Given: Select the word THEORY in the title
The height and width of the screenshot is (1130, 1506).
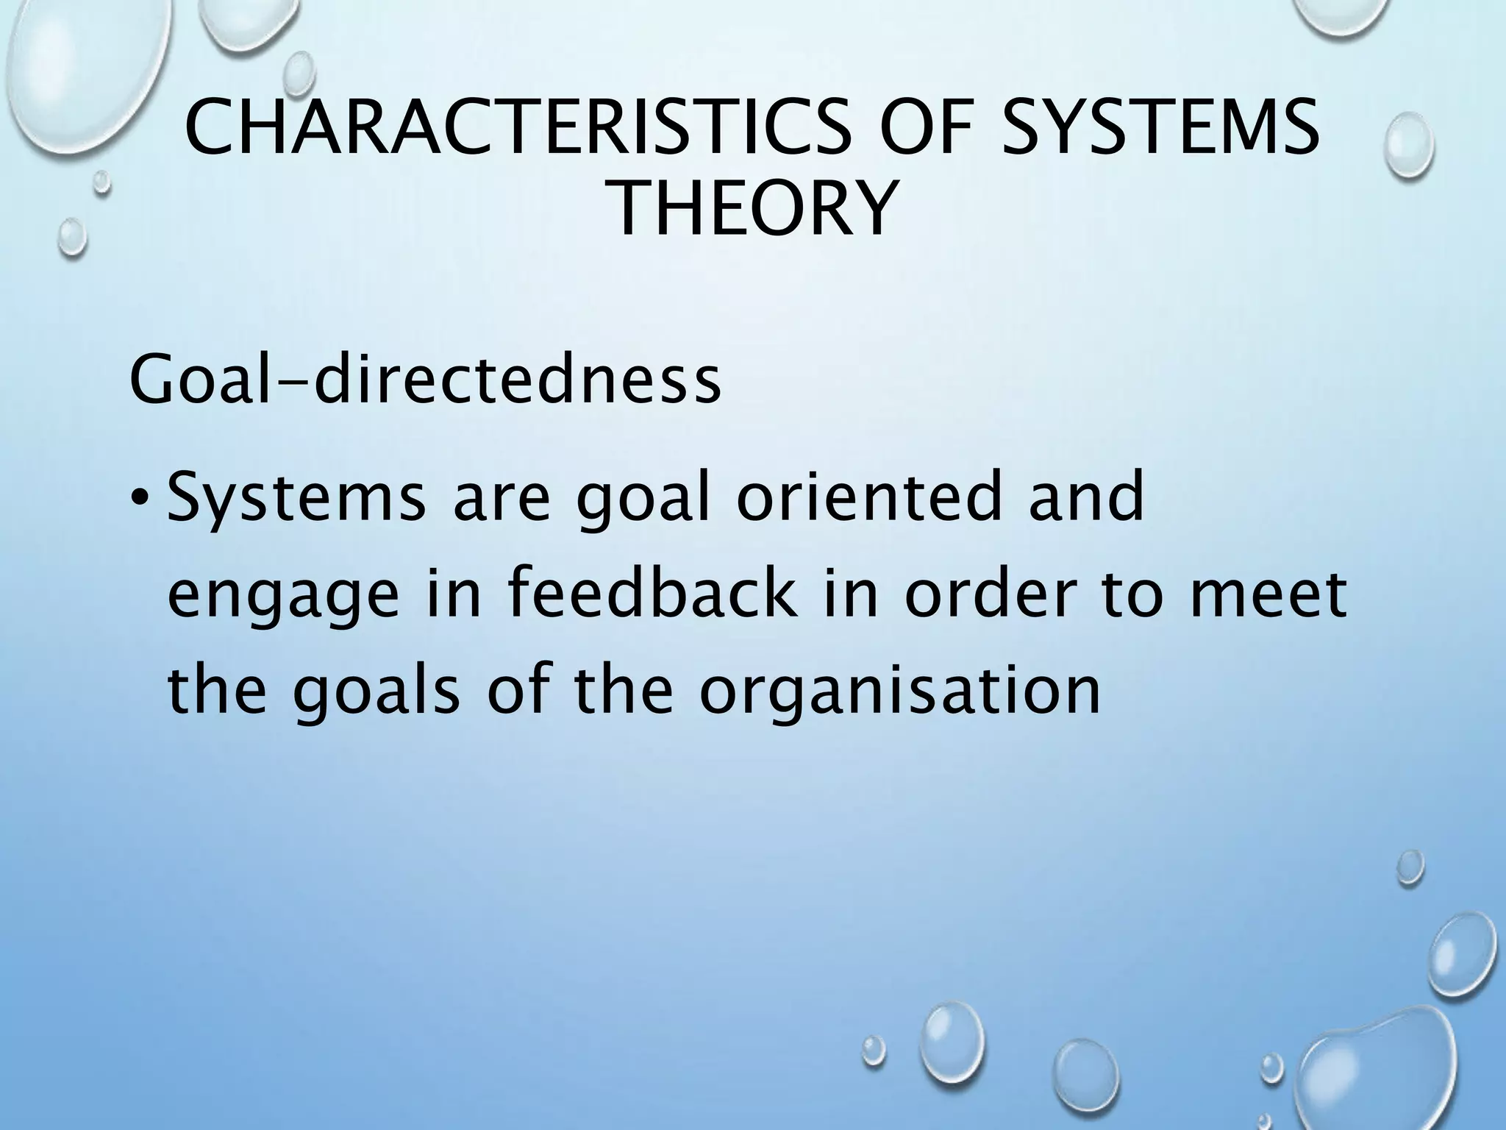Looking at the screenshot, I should (x=754, y=209).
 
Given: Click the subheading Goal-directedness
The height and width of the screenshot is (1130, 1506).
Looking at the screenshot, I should (x=424, y=380).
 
